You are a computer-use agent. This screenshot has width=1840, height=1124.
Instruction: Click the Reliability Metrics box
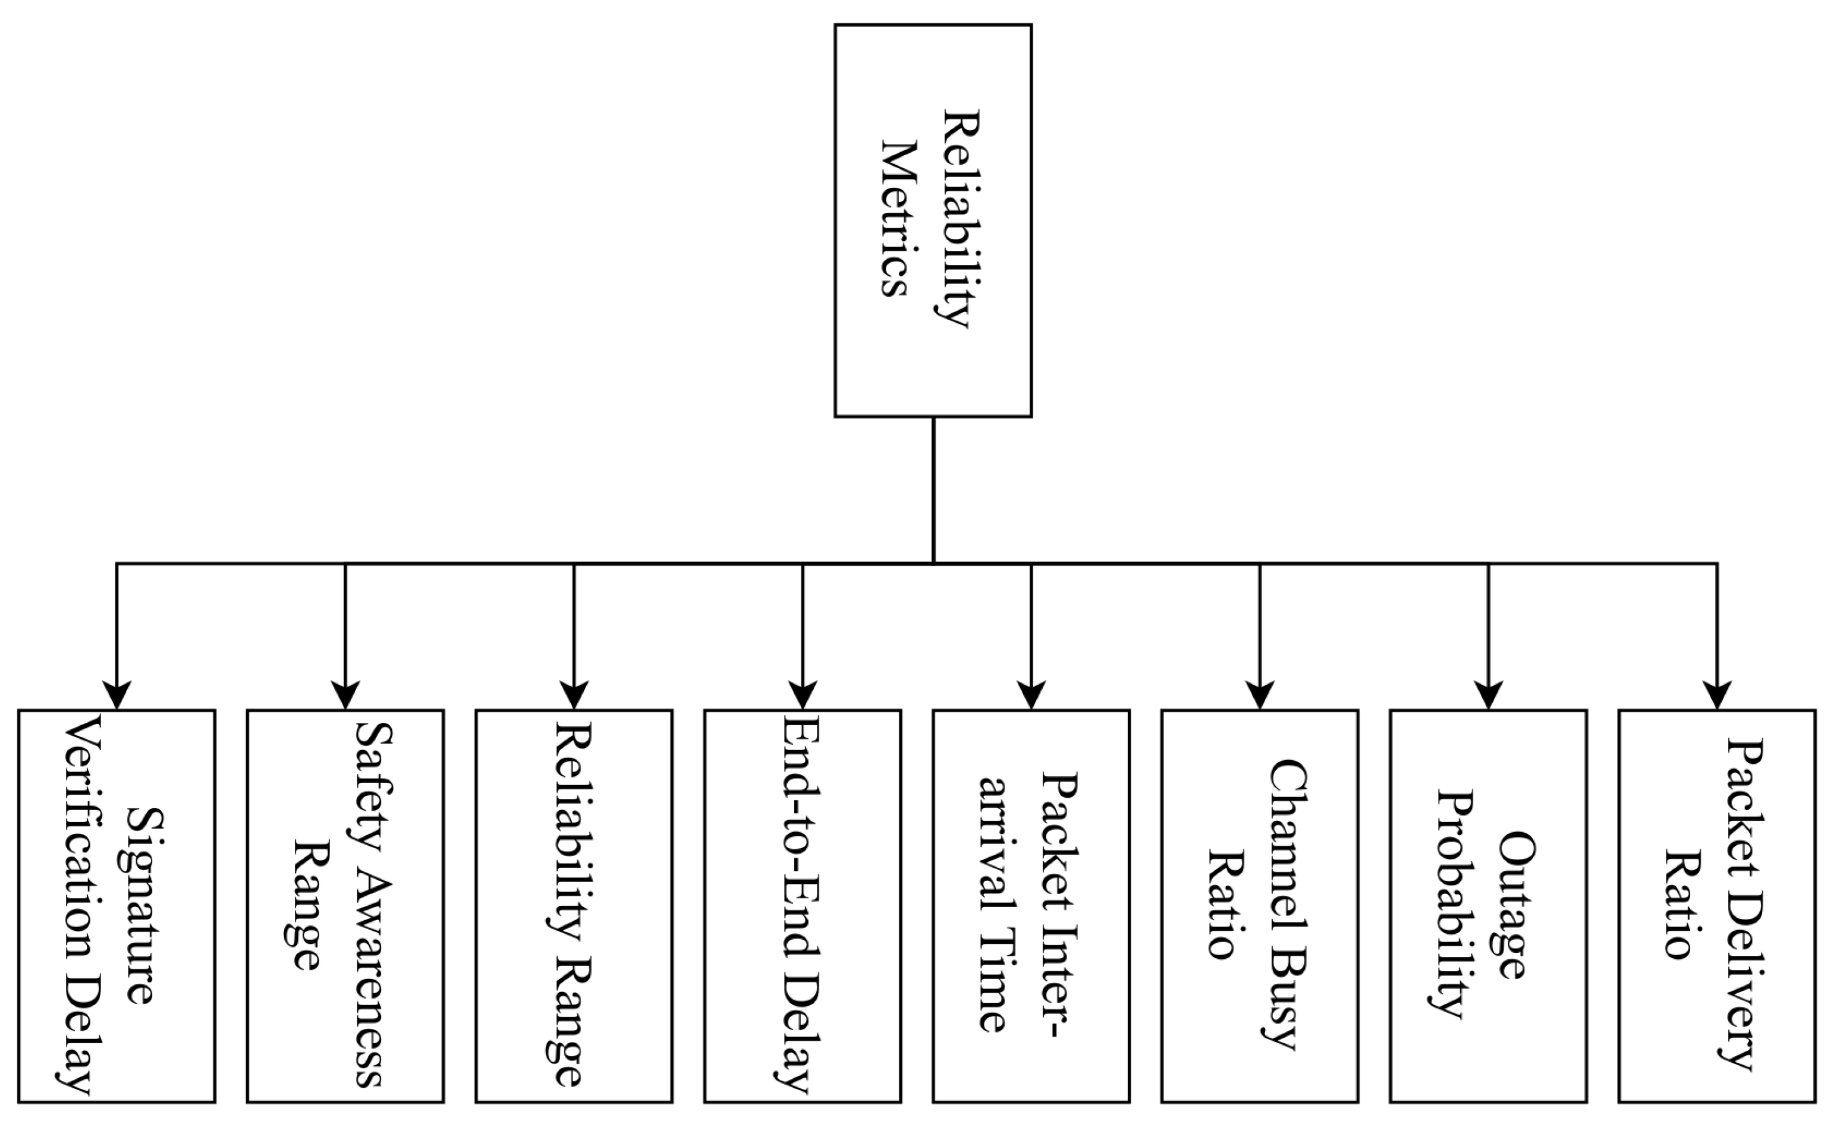(x=933, y=221)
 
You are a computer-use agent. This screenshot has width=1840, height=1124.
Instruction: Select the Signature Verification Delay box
(x=117, y=906)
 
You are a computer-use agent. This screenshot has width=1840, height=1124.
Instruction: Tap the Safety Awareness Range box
(x=345, y=906)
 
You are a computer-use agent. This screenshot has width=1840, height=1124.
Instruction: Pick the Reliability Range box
(x=574, y=906)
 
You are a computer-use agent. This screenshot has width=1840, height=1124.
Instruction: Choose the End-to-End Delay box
(x=802, y=906)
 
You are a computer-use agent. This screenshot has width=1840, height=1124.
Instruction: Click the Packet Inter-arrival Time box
(x=1030, y=906)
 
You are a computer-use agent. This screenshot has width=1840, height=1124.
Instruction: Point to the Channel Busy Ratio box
(x=1260, y=906)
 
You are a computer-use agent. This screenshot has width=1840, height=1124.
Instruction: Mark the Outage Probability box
(x=1488, y=906)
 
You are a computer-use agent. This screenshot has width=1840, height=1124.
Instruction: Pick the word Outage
(x=1517, y=905)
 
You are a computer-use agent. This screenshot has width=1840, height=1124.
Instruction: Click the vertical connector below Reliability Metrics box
(x=933, y=489)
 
